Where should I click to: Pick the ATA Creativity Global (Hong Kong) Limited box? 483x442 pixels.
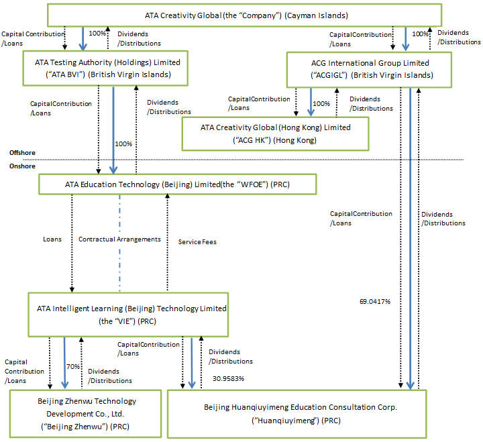coord(275,133)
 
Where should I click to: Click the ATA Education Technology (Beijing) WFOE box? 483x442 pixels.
coord(178,184)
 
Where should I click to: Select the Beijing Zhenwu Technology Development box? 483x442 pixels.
coord(85,412)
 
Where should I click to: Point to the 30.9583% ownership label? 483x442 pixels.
coord(228,378)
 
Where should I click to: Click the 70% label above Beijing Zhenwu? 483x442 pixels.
coord(74,368)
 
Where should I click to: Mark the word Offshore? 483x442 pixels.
coord(22,153)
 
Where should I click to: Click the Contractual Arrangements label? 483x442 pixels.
coord(120,239)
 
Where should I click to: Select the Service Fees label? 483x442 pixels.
coord(197,241)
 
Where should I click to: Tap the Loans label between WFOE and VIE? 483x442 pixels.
coord(51,238)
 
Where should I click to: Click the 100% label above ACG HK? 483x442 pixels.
coord(322,104)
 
